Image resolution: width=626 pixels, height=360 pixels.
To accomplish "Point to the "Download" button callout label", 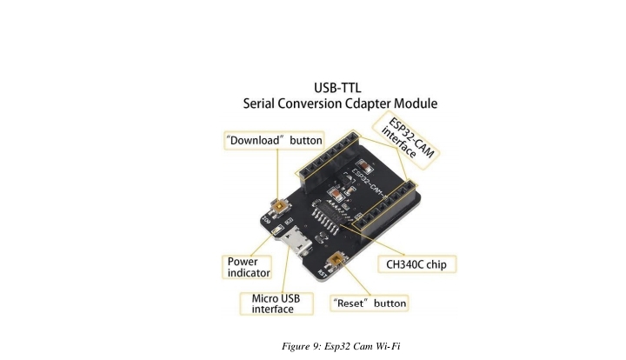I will [x=274, y=140].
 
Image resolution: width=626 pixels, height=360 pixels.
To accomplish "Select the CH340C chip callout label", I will [x=415, y=263].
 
